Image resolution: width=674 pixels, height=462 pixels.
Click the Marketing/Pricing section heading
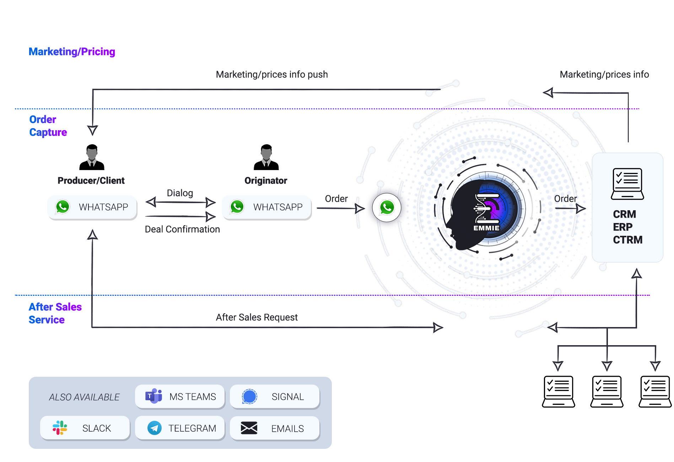[72, 52]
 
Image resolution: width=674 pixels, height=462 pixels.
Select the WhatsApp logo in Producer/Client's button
[63, 207]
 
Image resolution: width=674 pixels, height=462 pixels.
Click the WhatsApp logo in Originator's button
[237, 207]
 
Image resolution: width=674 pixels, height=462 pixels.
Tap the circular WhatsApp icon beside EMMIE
[387, 207]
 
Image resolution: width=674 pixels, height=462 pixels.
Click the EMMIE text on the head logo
[486, 228]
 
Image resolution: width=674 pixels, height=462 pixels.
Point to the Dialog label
[180, 193]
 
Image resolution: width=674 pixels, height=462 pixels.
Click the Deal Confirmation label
[182, 229]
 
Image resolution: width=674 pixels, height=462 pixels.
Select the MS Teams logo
[153, 396]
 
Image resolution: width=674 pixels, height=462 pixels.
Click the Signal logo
[249, 396]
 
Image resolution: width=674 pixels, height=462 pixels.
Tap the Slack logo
[60, 428]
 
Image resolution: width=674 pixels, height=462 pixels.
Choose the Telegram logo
[154, 428]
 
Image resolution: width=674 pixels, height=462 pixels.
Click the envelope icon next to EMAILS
[249, 428]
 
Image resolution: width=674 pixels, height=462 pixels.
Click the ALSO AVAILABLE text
[84, 397]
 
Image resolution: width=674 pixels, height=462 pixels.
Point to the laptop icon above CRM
[627, 184]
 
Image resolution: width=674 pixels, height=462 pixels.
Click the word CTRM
[627, 240]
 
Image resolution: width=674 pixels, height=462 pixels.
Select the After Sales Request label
[257, 317]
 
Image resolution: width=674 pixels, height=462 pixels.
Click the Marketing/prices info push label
[272, 75]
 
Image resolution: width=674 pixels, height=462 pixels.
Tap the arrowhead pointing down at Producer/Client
[92, 130]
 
